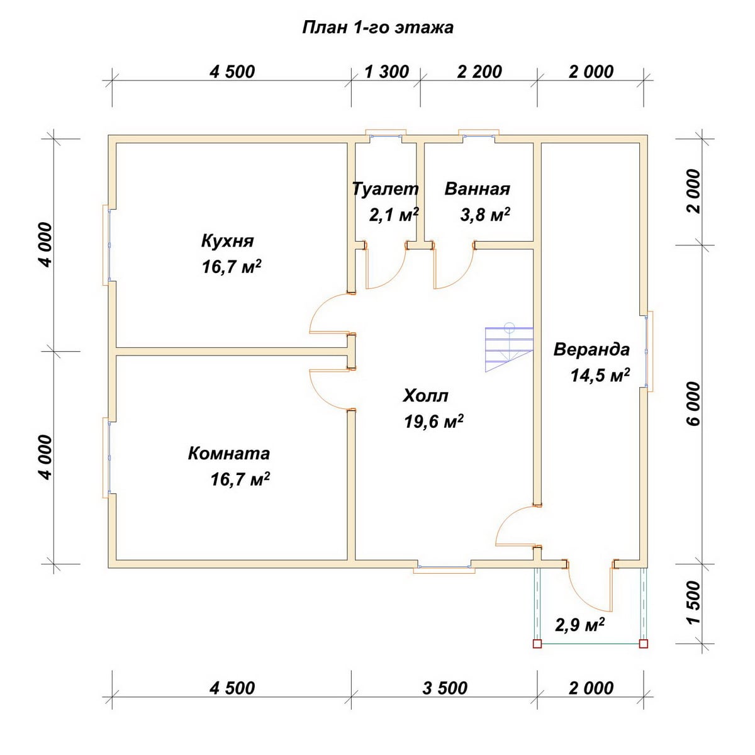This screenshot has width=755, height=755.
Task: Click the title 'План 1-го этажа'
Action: pos(377,28)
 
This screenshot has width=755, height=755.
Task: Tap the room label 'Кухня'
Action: pos(227,241)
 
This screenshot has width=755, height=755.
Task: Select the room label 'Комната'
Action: pos(229,453)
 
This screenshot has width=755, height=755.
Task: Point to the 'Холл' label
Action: pos(425,396)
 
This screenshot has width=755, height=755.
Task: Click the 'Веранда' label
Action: pos(591,349)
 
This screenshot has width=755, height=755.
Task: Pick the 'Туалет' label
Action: pos(386,189)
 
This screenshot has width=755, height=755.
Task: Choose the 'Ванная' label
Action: pos(477,189)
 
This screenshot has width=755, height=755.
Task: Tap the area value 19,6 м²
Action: pos(433,422)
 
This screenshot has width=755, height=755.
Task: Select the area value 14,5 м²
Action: pos(600,375)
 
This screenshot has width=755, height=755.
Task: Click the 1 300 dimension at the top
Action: pos(387,72)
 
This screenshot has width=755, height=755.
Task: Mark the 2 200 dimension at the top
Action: pos(479,72)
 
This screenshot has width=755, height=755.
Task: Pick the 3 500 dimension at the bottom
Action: pos(445,688)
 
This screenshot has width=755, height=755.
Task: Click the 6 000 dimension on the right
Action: pos(693,404)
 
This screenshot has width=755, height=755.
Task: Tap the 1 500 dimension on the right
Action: pos(693,602)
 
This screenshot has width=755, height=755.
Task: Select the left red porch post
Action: pos(537,644)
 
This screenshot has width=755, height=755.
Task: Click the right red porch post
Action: pos(644,644)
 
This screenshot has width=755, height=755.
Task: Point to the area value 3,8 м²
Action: pos(485,215)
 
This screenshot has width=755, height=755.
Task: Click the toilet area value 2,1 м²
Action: pos(394,215)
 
